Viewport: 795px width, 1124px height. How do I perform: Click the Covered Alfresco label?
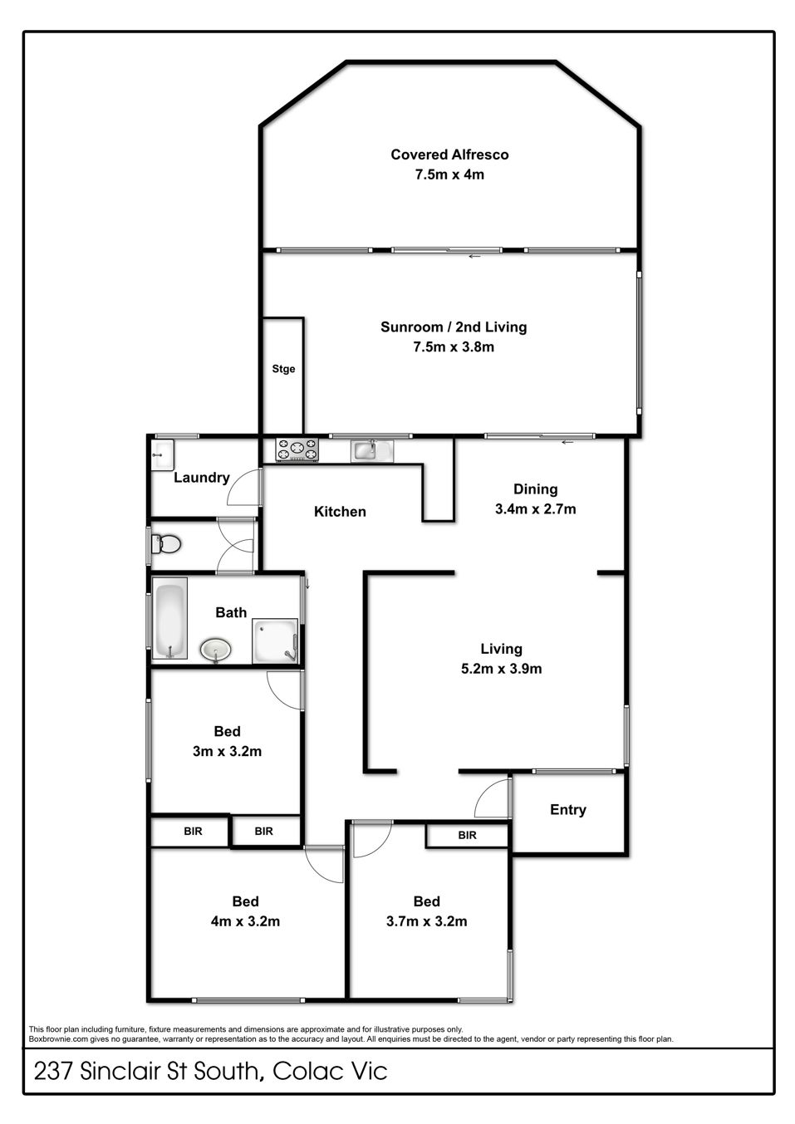pos(449,155)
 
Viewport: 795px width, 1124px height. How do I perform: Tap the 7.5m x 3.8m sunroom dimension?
pos(454,346)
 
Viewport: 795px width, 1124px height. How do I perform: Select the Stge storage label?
pos(283,369)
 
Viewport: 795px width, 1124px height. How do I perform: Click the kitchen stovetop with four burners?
pos(297,449)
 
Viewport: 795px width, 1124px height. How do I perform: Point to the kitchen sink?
pos(372,450)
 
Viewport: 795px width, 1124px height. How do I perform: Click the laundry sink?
pos(163,454)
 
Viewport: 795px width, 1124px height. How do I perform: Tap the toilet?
pos(166,544)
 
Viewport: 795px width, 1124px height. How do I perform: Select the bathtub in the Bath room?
pos(169,618)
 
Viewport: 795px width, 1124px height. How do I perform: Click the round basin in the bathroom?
pos(216,650)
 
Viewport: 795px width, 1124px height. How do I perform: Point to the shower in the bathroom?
pos(275,641)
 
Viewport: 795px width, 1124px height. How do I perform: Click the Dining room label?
pos(536,489)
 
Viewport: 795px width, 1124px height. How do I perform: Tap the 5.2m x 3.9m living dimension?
pos(502,669)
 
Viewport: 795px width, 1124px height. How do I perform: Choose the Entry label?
pos(568,810)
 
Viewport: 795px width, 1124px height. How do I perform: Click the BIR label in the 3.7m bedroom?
pos(467,835)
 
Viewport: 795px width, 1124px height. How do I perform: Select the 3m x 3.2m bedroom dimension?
pos(228,751)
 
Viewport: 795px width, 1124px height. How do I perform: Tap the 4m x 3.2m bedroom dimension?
pos(245,921)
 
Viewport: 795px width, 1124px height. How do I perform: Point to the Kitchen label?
pos(340,511)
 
